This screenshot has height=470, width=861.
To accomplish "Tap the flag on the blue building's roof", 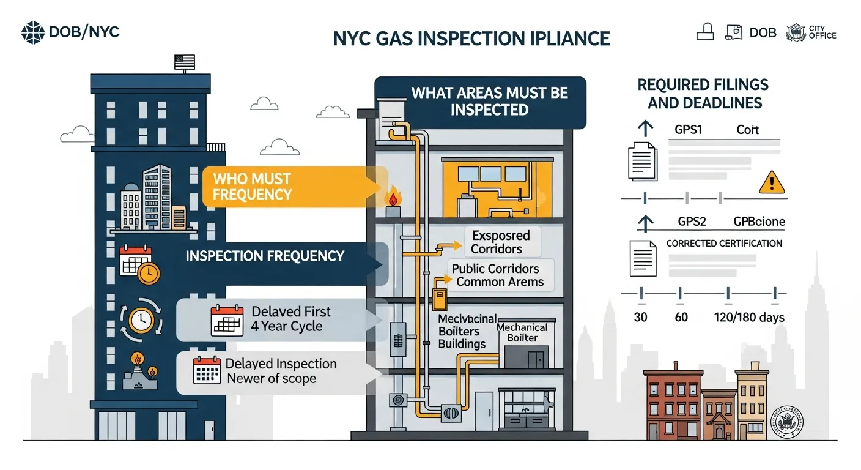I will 185,62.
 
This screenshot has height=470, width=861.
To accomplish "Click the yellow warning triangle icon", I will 770,182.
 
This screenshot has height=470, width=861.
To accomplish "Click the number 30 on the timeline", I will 640,317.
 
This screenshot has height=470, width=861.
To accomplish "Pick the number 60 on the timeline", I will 681,317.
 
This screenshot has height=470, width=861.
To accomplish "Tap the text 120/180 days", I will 749,317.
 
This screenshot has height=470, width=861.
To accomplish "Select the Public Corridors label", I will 495,269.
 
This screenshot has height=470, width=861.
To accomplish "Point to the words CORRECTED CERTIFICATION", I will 724,243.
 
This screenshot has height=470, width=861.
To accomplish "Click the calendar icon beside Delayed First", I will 223,319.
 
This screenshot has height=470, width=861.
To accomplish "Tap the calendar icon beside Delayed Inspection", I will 207,370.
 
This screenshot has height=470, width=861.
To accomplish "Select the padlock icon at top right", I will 705,32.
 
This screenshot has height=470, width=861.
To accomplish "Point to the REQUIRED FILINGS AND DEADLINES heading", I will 703,94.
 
